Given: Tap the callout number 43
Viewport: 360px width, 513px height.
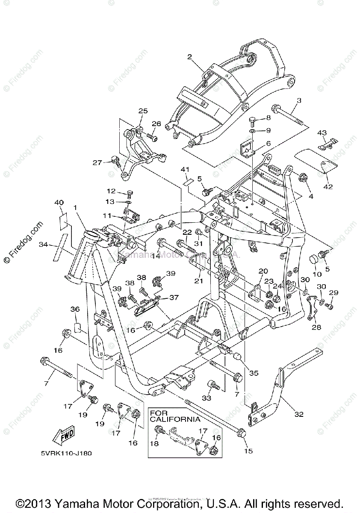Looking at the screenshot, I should pyautogui.click(x=322, y=133).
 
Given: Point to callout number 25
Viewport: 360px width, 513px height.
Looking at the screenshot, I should pyautogui.click(x=142, y=111).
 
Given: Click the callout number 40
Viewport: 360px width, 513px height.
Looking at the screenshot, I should pyautogui.click(x=59, y=203).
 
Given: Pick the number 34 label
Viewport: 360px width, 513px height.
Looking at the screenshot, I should pyautogui.click(x=43, y=245).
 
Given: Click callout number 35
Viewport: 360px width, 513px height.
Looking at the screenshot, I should pyautogui.click(x=254, y=373).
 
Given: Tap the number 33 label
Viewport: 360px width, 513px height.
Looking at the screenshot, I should pyautogui.click(x=207, y=398).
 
